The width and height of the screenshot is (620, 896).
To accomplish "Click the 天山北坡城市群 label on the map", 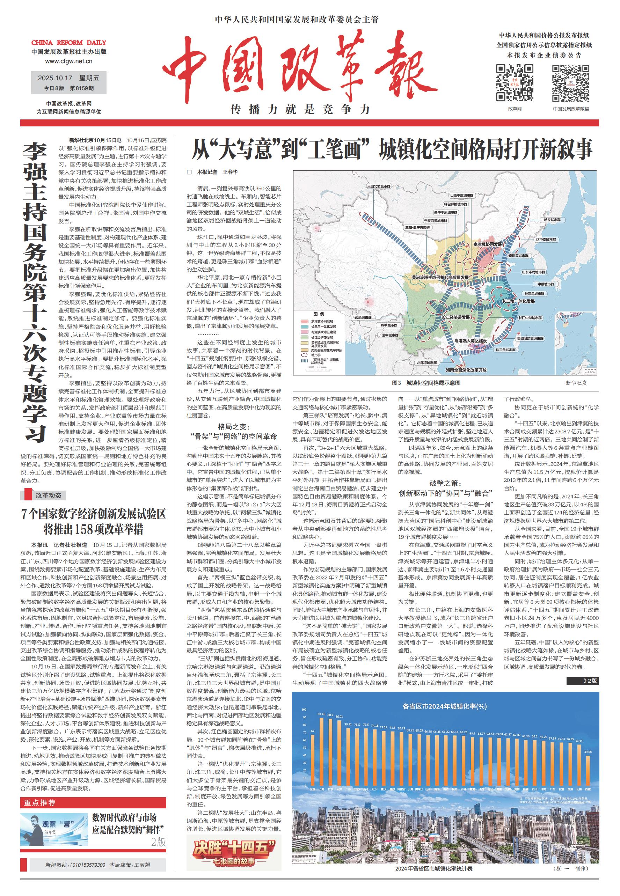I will (x=379, y=186).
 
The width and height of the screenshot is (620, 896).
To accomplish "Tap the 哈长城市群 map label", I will (x=552, y=220).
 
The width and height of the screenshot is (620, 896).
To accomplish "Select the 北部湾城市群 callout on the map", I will (x=426, y=363).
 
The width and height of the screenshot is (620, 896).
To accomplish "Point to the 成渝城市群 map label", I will (x=363, y=318).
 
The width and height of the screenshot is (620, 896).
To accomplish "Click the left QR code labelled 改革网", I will (x=515, y=83).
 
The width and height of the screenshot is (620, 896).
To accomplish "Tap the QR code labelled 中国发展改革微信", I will (x=571, y=83).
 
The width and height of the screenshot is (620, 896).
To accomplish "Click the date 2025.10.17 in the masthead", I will (x=55, y=78).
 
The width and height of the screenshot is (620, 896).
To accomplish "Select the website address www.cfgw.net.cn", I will (x=69, y=61).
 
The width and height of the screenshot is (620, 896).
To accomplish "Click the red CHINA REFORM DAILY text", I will (x=69, y=43).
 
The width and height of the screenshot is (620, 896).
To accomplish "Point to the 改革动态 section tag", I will (x=49, y=495).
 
